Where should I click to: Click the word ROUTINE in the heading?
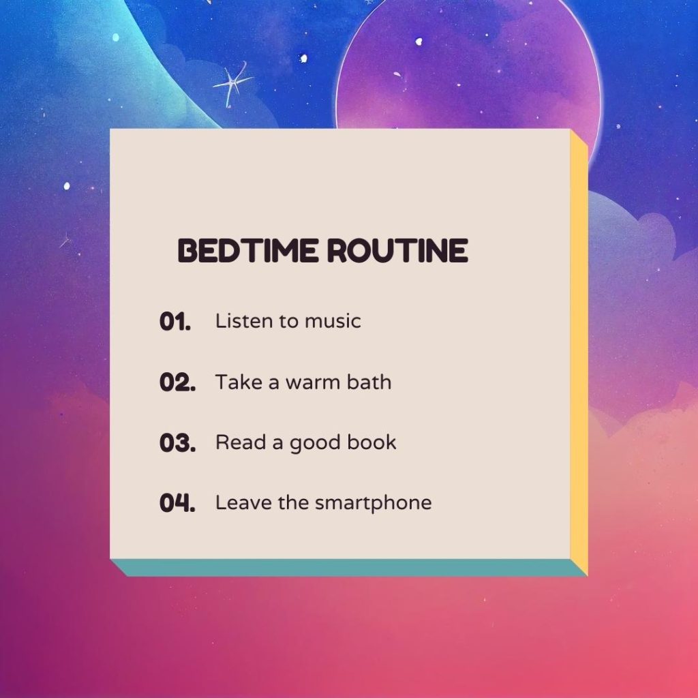click(x=397, y=251)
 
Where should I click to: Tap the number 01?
click(x=175, y=322)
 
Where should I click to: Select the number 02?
click(x=177, y=382)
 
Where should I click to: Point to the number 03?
click(x=177, y=443)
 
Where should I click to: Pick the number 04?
click(x=177, y=504)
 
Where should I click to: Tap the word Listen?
click(x=237, y=320)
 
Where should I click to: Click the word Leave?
click(x=236, y=503)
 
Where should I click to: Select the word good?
click(x=315, y=444)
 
